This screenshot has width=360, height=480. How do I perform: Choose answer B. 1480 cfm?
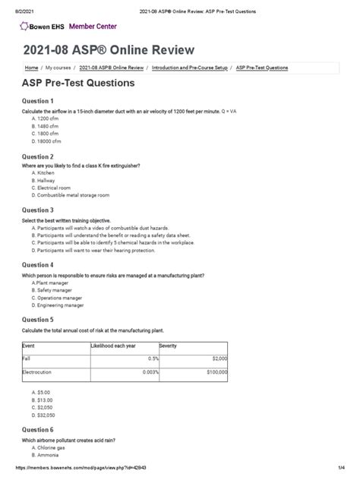(x=45, y=125)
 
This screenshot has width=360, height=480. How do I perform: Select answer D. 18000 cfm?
(x=46, y=141)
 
